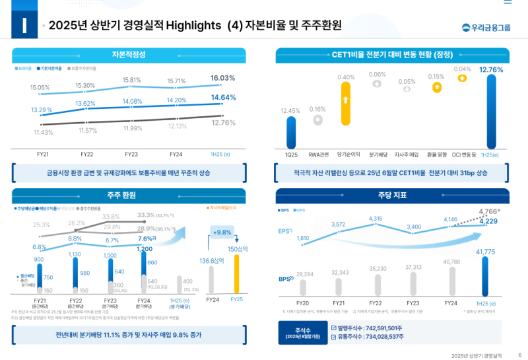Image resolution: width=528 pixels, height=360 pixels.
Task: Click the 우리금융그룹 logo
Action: click(x=486, y=27)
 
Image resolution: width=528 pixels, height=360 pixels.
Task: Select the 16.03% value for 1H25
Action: click(x=223, y=78)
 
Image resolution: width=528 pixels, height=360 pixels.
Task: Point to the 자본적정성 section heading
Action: click(x=129, y=54)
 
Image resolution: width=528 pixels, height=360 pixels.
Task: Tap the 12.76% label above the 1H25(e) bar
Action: click(x=491, y=69)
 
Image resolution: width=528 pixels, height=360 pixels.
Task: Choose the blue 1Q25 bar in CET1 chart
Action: click(x=291, y=131)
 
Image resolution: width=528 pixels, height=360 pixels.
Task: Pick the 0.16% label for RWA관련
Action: click(x=317, y=109)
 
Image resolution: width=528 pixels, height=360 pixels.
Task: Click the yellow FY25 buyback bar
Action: click(x=236, y=273)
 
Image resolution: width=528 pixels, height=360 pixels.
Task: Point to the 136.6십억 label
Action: click(x=213, y=260)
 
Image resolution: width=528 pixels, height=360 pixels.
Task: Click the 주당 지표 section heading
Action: click(x=392, y=195)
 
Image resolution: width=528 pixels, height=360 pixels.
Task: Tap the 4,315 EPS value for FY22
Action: click(x=376, y=219)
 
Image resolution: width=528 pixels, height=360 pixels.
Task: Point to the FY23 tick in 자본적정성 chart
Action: click(x=131, y=154)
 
